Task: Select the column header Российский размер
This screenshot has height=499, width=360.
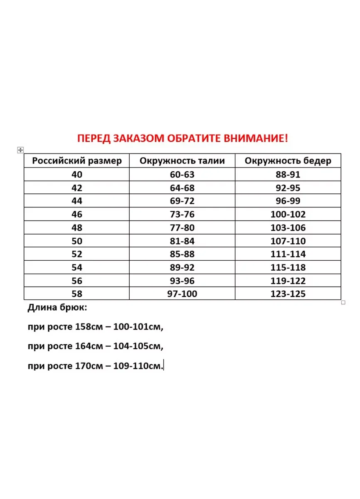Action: pos(77,161)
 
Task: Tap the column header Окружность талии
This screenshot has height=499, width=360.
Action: pos(182,161)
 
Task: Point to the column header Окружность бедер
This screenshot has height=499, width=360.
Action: pos(288,161)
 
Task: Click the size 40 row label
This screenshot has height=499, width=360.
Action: pos(77,175)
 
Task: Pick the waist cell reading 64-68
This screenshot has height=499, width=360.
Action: pos(182,188)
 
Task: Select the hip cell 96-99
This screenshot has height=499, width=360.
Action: pos(288,201)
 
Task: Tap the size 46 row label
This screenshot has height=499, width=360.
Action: pos(77,215)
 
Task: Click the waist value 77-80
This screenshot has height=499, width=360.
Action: pos(182,228)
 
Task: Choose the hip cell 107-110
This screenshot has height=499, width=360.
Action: pos(288,241)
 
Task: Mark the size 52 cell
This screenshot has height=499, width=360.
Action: pos(77,254)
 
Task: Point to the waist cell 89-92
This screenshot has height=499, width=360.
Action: pos(182,268)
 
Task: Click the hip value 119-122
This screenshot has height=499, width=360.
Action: pos(288,281)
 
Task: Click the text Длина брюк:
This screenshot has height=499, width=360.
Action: pos(58,308)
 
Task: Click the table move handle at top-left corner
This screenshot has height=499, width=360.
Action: pos(20,150)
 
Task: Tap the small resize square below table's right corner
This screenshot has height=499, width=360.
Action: pos(343,303)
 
